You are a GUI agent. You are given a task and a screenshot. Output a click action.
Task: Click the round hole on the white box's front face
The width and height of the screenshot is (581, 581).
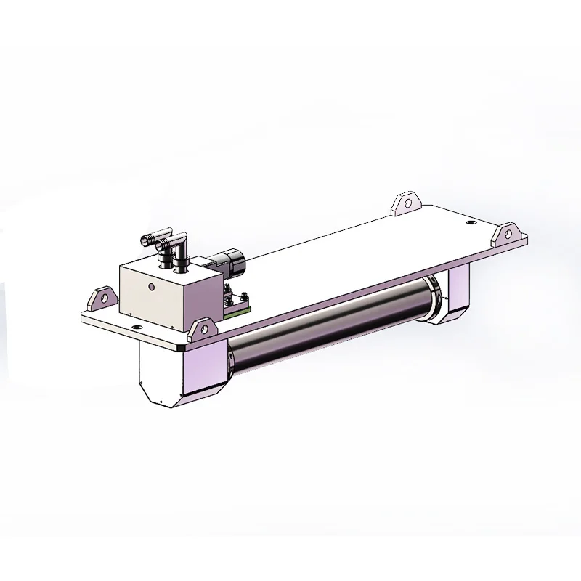coord(151,288)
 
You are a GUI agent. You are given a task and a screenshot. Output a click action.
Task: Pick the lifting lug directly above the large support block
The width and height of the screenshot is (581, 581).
coord(198,331)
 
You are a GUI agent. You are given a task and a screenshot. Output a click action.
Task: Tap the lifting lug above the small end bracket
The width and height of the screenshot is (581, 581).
coord(508,236)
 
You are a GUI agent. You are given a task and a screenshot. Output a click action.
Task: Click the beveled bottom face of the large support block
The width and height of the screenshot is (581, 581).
coord(156,398)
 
